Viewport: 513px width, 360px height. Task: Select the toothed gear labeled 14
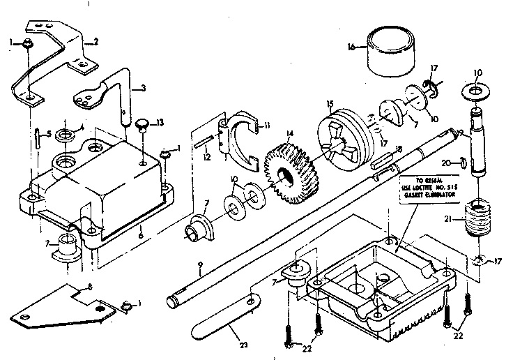pyautogui.click(x=291, y=168)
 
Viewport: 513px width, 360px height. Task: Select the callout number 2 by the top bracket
pyautogui.click(x=95, y=42)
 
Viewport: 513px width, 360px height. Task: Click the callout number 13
pyautogui.click(x=161, y=123)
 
